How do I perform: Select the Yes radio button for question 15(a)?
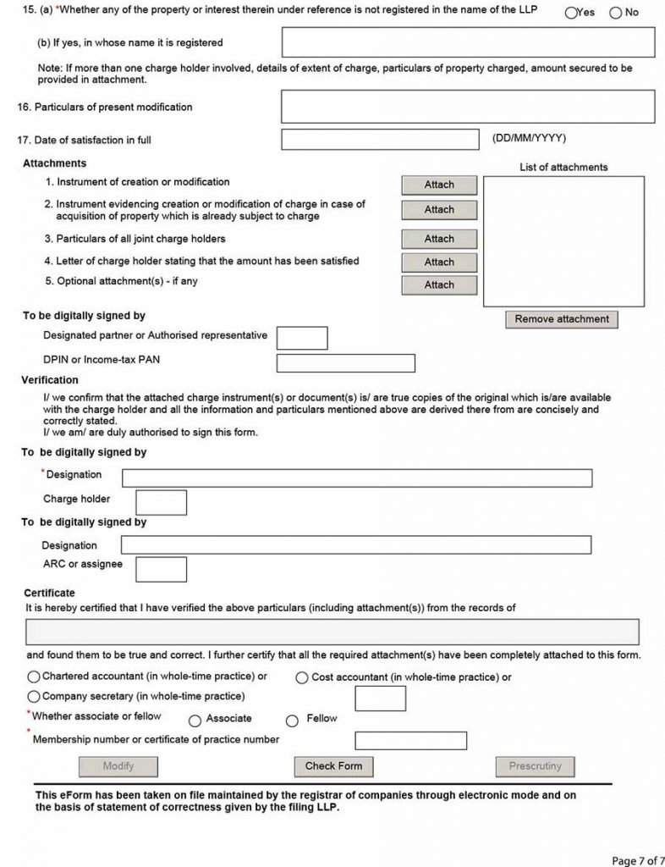tap(570, 13)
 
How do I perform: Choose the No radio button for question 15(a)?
tap(615, 13)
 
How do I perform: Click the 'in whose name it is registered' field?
tap(468, 42)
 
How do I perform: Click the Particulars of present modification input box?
tap(468, 107)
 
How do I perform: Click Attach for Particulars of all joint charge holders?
tap(439, 239)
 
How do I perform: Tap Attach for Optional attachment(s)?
tap(439, 284)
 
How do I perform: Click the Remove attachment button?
tap(562, 319)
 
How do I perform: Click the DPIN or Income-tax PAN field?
tap(345, 363)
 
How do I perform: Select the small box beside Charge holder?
tap(161, 502)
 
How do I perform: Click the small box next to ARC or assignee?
tap(161, 568)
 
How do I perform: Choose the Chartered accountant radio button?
tap(34, 676)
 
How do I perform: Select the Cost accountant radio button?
tap(302, 677)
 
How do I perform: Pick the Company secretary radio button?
tap(34, 696)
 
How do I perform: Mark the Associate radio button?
tap(195, 721)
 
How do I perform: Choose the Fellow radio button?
tap(293, 721)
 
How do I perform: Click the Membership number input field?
tap(410, 741)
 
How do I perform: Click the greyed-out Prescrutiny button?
tap(535, 766)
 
